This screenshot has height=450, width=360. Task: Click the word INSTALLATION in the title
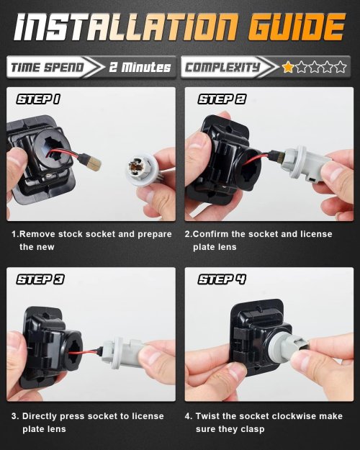126,27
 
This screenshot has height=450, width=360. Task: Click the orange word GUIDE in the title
296,27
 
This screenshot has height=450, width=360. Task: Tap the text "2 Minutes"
140,67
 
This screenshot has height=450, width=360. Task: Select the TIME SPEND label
48,68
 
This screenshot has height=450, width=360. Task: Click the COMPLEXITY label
222,68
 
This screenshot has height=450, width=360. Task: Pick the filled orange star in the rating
288,67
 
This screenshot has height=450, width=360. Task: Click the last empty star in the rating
340,67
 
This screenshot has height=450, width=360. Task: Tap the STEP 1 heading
38,99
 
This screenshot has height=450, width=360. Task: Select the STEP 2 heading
222,99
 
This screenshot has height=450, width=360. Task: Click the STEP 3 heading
40,279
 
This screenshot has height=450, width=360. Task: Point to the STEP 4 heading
222,279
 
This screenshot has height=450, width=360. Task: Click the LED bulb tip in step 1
94,163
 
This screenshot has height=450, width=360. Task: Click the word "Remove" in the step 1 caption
37,234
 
